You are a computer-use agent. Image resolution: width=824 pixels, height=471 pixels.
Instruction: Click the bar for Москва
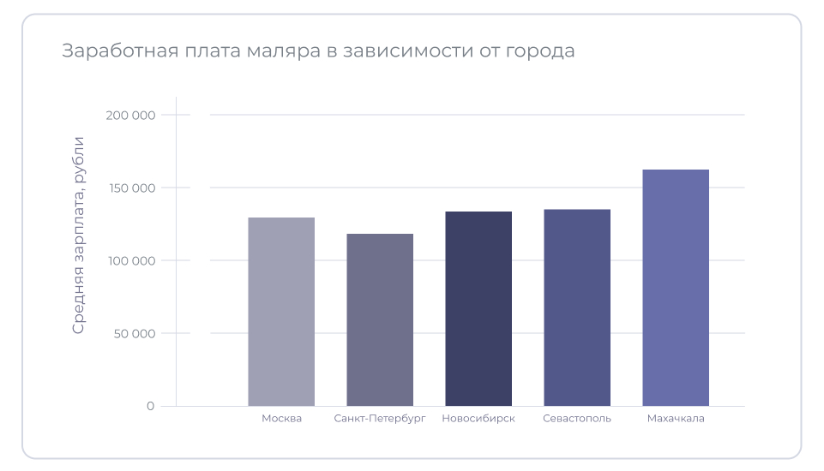[281, 312]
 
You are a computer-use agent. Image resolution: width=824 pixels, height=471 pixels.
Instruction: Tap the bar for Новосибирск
[478, 308]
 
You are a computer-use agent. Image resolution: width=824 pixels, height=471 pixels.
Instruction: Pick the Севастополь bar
[577, 307]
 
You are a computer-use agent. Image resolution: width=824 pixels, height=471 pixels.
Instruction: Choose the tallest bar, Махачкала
[676, 288]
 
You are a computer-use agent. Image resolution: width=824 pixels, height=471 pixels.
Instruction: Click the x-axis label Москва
[281, 419]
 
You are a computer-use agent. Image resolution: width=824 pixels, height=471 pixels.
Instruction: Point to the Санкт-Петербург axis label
[380, 419]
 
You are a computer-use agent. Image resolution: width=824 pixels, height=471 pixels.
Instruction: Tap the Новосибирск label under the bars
[478, 419]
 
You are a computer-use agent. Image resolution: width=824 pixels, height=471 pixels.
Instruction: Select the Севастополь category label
[577, 419]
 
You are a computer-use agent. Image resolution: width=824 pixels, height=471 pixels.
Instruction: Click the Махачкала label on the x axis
[676, 419]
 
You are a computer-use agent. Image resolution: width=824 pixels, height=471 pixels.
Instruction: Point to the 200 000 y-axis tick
[132, 116]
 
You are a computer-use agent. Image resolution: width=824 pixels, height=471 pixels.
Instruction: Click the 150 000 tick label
[132, 188]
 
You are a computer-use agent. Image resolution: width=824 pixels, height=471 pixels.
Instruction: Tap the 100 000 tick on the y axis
[132, 261]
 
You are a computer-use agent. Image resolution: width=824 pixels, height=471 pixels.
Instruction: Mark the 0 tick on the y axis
[150, 406]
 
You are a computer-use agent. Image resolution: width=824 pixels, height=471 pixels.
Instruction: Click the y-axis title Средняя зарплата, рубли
[79, 235]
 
